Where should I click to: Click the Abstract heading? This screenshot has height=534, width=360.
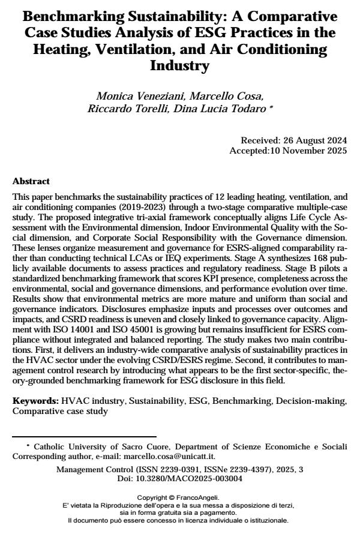pyautogui.click(x=31, y=181)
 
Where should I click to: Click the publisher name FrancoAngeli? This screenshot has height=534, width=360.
pyautogui.click(x=199, y=497)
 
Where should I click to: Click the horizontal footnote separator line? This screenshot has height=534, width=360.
pyautogui.click(x=84, y=436)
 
